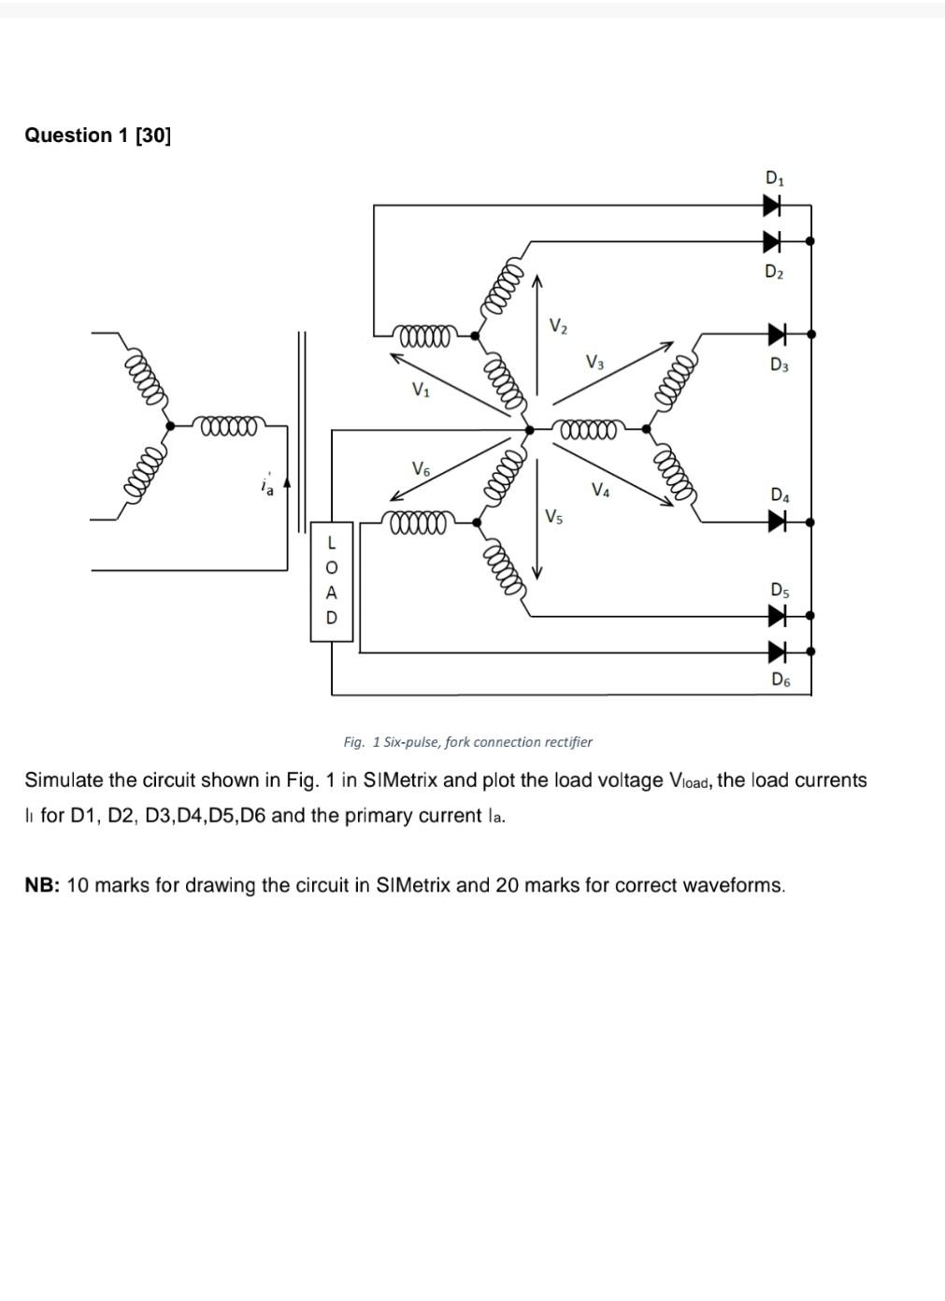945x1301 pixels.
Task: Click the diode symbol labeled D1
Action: [772, 205]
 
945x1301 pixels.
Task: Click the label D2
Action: [774, 272]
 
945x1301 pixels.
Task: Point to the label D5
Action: [780, 590]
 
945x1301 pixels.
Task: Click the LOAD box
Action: [331, 581]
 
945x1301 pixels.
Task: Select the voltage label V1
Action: [422, 390]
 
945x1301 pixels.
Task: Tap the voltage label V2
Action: [557, 325]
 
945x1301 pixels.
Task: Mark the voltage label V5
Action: [554, 516]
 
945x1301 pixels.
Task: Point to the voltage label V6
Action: [422, 468]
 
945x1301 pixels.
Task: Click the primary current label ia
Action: [267, 485]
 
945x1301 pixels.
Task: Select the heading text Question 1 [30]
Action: [98, 136]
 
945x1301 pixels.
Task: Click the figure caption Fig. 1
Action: [467, 742]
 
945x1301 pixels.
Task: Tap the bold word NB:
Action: [42, 885]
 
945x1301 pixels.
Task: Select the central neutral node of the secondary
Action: [530, 429]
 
